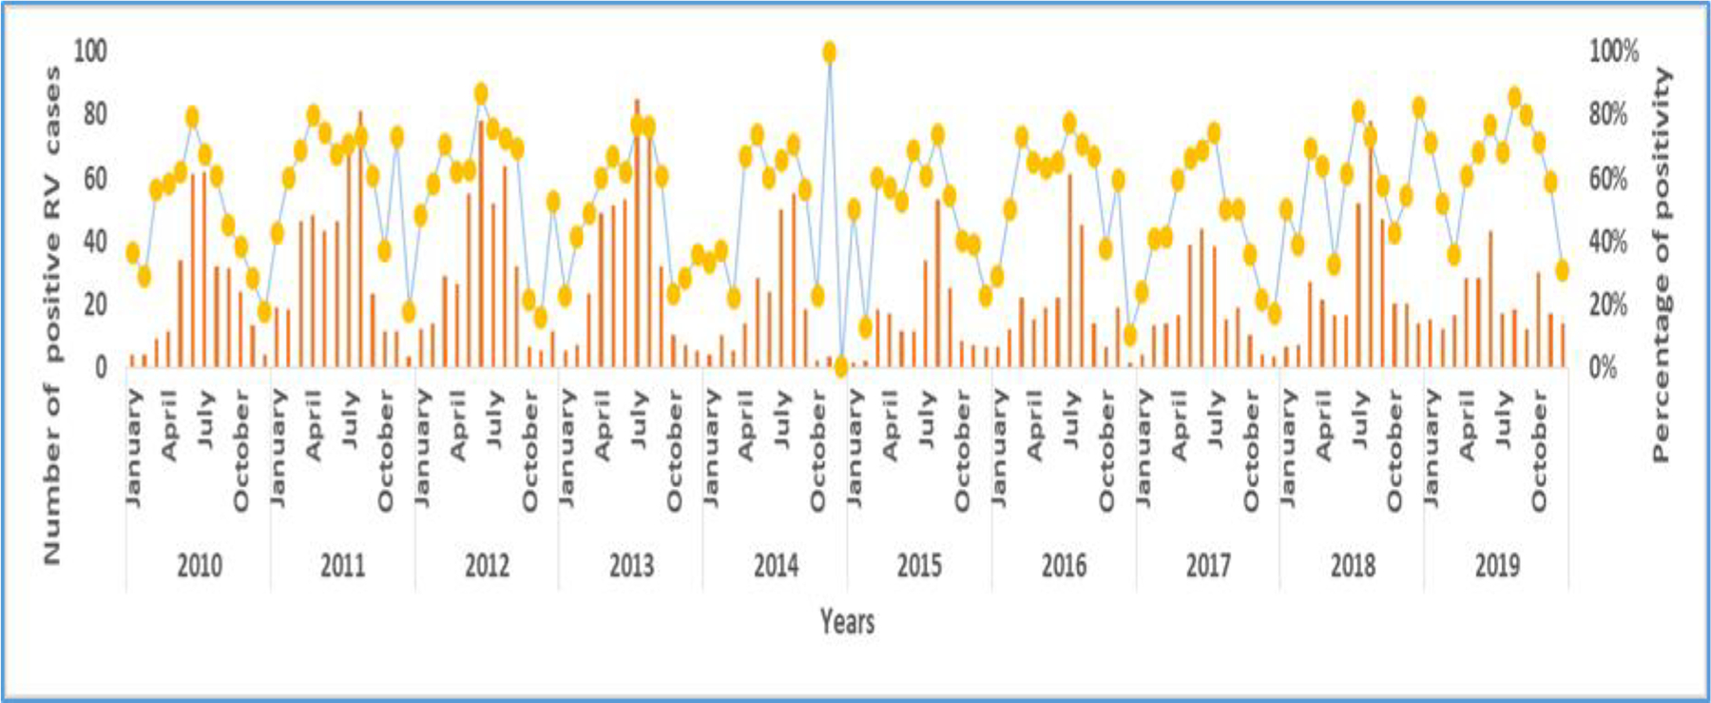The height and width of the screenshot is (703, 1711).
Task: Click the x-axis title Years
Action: point(847,622)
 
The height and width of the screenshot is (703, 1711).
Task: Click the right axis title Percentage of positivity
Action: point(1661,264)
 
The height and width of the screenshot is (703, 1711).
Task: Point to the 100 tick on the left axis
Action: point(90,50)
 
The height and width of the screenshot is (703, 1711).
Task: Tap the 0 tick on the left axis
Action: point(100,367)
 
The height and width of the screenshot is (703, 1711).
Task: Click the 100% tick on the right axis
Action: point(1613,50)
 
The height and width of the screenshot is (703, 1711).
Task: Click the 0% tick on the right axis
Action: point(1603,367)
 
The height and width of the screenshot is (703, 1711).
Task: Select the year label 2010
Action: point(200,566)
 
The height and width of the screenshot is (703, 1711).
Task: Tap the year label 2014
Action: point(776,566)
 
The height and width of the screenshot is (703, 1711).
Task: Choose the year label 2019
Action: point(1497,566)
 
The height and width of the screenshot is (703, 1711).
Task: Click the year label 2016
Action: point(1064,566)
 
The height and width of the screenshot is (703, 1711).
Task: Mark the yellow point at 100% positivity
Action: point(829,52)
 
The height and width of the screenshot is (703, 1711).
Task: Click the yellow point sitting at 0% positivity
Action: point(840,366)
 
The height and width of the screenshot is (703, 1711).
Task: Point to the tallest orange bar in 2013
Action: point(637,233)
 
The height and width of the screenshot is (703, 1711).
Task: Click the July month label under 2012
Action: point(494,420)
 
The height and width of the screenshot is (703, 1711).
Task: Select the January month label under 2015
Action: point(855,447)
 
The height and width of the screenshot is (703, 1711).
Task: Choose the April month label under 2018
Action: point(1323,425)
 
